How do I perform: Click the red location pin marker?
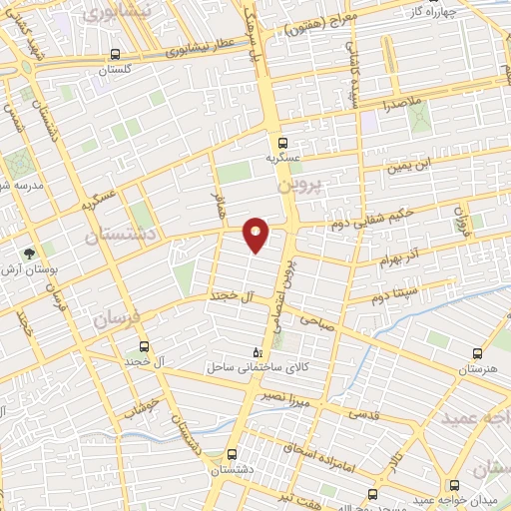[x=256, y=235]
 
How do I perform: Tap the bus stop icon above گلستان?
[x=117, y=55]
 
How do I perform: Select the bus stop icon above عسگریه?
[x=283, y=142]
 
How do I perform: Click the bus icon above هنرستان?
[x=477, y=353]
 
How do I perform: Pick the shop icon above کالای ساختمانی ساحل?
[x=258, y=352]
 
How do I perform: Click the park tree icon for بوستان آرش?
[x=31, y=254]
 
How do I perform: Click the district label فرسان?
[x=116, y=320]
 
